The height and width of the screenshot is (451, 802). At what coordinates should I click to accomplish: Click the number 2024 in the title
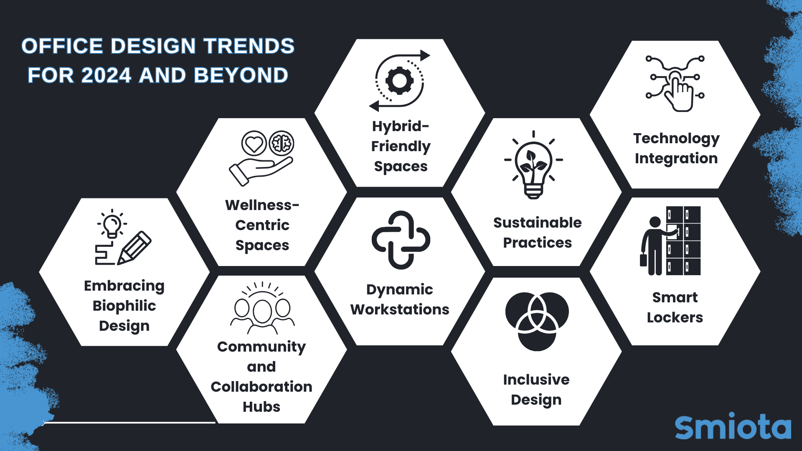[107, 76]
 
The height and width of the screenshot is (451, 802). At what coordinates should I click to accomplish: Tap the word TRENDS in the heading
[249, 46]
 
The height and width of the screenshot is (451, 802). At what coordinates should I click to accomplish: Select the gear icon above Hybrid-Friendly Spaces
[399, 80]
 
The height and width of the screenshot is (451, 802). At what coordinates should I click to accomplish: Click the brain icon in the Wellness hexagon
[282, 143]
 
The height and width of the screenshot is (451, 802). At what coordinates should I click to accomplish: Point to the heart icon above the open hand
[254, 144]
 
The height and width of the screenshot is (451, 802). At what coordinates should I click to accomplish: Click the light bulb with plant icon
[533, 167]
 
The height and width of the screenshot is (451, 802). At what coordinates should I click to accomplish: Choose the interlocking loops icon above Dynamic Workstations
[401, 240]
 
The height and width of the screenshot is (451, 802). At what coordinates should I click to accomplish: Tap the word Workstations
[400, 309]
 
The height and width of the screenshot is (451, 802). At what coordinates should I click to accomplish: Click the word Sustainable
[537, 223]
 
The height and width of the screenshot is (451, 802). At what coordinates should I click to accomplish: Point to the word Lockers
[675, 317]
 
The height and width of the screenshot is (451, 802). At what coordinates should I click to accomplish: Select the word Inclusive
[536, 380]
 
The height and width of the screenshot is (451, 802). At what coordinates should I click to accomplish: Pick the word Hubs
[261, 407]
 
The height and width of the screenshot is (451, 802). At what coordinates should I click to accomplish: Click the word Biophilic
[124, 306]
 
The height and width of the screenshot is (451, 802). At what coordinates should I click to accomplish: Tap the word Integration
[676, 158]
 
